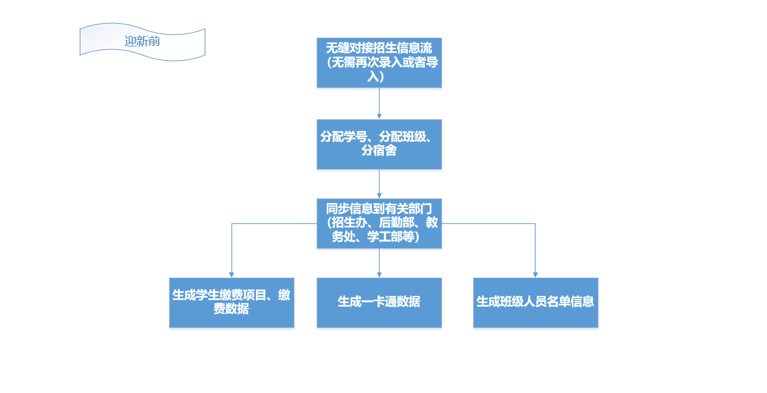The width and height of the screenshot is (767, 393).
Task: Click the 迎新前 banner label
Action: pyautogui.click(x=142, y=42)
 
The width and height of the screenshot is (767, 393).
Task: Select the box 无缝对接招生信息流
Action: pyautogui.click(x=379, y=63)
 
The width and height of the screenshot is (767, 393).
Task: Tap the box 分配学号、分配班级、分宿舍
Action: pyautogui.click(x=379, y=144)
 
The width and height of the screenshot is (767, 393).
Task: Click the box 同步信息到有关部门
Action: pyautogui.click(x=379, y=223)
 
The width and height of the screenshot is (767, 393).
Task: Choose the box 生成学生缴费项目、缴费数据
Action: pyautogui.click(x=231, y=302)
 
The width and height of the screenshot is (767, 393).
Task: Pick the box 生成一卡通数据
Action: pyautogui.click(x=379, y=302)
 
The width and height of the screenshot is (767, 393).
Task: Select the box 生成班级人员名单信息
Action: pyautogui.click(x=536, y=302)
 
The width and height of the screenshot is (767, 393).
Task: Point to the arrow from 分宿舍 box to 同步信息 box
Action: pyautogui.click(x=379, y=183)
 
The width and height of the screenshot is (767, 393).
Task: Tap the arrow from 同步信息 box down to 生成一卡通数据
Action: pyautogui.click(x=379, y=263)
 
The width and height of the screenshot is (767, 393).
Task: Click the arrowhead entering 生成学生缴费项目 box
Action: pyautogui.click(x=231, y=274)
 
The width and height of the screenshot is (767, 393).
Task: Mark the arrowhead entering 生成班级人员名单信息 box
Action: pyautogui.click(x=536, y=274)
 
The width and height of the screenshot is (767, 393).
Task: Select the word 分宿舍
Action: pyautogui.click(x=379, y=151)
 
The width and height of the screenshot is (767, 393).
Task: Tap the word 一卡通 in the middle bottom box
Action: pyautogui.click(x=378, y=302)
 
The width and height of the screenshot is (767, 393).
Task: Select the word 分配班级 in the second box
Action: pyautogui.click(x=403, y=137)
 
